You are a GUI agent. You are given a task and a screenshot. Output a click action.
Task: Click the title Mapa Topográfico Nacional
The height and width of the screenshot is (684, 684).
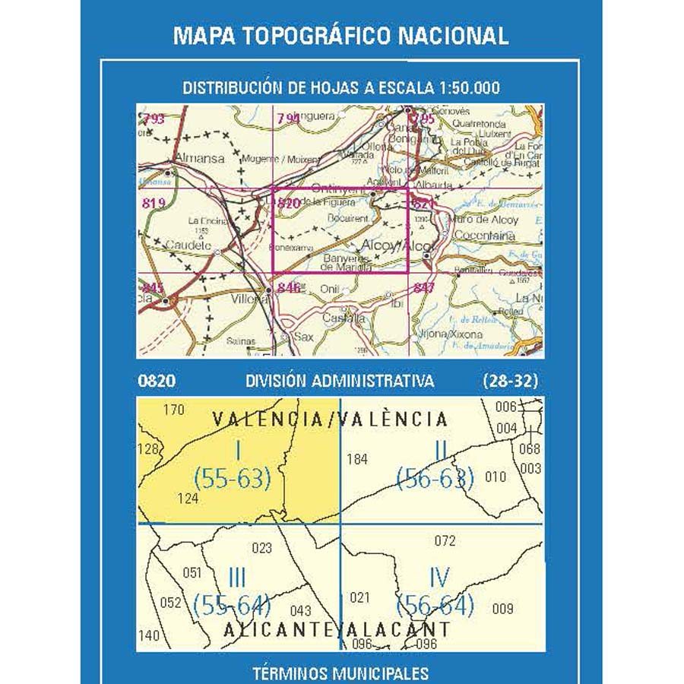coord(341,36)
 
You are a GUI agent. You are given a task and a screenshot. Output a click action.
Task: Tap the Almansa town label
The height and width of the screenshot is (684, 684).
coord(199,159)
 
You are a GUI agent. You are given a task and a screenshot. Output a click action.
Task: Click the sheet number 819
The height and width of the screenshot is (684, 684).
coord(153,202)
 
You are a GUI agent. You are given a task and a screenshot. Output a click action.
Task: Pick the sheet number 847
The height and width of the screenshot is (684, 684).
coord(424,287)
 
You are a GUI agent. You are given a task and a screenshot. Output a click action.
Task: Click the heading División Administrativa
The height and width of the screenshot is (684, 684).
coord(340,381)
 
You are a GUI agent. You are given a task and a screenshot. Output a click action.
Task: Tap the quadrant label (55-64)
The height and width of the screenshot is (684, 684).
coord(233,606)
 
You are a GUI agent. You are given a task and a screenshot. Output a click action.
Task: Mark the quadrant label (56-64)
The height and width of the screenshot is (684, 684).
coord(435,606)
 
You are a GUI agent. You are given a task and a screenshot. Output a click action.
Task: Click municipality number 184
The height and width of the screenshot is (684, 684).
coord(356,459)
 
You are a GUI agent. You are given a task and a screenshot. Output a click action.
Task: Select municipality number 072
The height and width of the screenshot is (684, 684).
coord(445,541)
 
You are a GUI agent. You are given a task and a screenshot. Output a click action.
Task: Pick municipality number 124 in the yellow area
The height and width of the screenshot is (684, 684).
coord(187,499)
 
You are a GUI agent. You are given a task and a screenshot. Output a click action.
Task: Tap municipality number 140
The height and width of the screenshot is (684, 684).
coord(150,636)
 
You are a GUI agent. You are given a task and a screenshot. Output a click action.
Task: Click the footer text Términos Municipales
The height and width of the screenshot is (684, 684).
coord(340,673)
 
